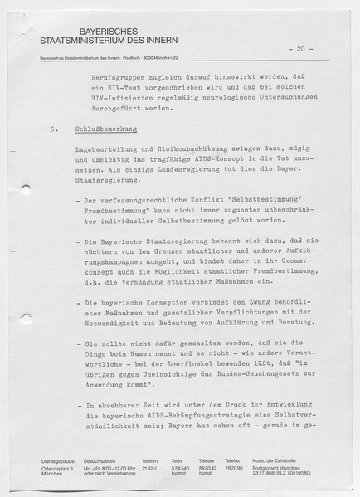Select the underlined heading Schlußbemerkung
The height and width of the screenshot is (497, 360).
tap(106, 130)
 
